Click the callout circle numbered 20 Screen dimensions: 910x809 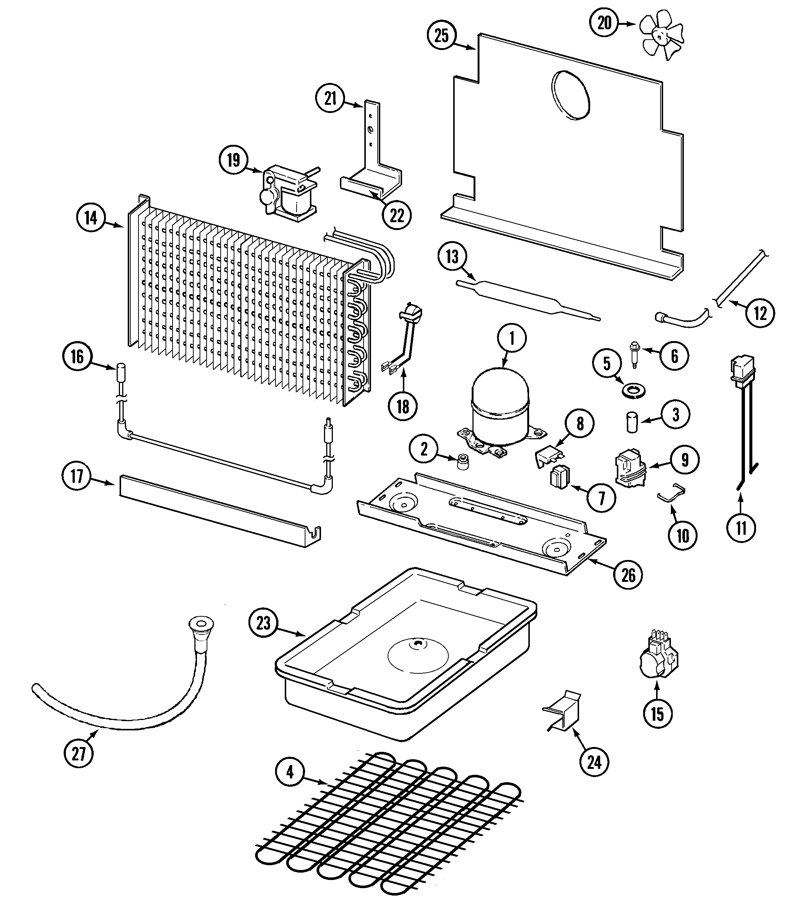point(605,23)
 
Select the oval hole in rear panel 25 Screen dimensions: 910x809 point(571,94)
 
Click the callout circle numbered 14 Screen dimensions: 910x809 point(91,218)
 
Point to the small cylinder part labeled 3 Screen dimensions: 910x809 point(631,421)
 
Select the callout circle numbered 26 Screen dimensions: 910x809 point(628,575)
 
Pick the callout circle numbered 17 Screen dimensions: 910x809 point(77,476)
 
